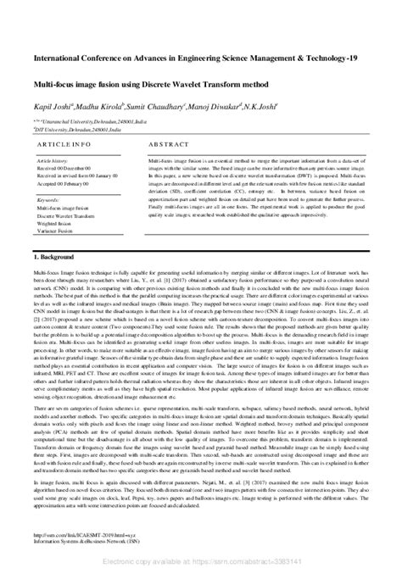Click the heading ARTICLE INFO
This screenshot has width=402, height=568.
click(59, 145)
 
